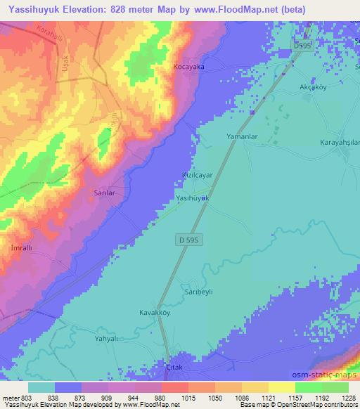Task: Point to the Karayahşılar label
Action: click(340, 141)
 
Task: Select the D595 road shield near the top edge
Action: click(302, 45)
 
